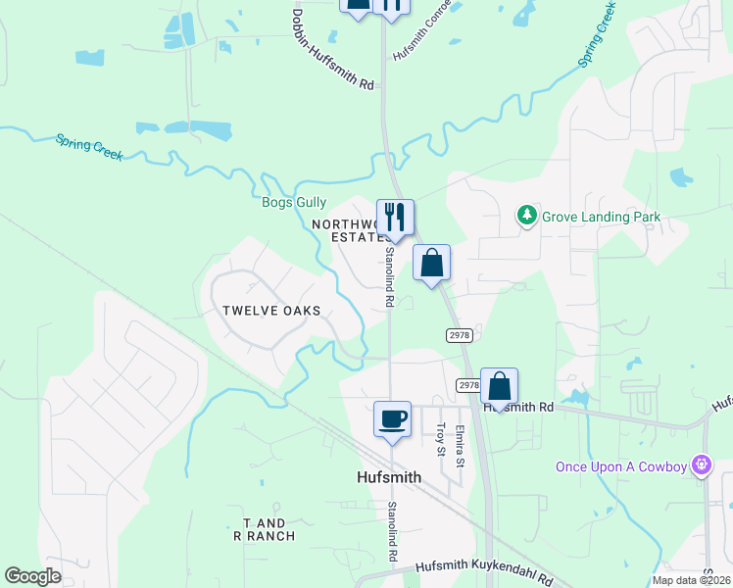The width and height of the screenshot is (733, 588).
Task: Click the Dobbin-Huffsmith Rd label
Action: click(x=333, y=50)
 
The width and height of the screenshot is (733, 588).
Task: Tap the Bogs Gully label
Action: click(x=294, y=202)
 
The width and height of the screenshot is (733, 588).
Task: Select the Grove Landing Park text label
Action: click(x=603, y=217)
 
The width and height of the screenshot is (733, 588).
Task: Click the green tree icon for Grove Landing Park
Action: click(x=528, y=214)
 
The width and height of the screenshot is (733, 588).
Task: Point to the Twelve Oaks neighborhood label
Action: click(x=271, y=310)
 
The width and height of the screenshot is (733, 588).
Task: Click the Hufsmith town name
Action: click(x=387, y=477)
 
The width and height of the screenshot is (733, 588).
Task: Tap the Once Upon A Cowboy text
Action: click(x=621, y=465)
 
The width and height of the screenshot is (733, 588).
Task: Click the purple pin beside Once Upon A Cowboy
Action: click(x=702, y=464)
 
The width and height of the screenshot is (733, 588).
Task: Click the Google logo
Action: click(x=33, y=576)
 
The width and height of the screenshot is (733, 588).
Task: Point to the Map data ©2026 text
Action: click(x=691, y=580)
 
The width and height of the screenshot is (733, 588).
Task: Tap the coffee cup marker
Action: click(x=392, y=419)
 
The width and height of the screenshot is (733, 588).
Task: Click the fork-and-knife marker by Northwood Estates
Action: click(x=395, y=218)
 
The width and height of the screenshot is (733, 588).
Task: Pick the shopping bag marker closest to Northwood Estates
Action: click(x=431, y=263)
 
